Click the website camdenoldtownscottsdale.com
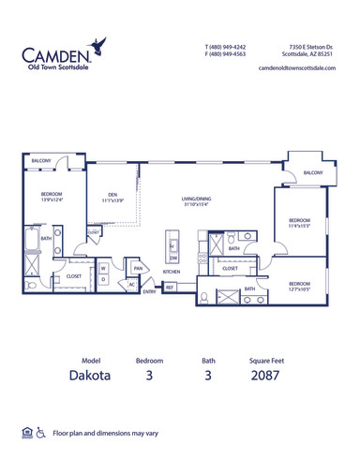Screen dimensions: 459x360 point(296,69)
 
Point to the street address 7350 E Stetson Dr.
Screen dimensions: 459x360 point(310,46)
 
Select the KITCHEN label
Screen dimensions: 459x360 point(171,272)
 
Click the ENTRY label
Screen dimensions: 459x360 point(149,291)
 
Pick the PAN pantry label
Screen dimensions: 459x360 point(137,268)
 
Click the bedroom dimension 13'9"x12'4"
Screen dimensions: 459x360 point(51,198)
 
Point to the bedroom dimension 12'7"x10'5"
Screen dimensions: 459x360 point(300,289)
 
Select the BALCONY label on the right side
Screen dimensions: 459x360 point(313,173)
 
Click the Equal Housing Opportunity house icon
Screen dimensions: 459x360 point(24,434)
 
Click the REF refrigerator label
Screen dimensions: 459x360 point(169,288)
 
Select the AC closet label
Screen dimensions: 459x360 point(132,285)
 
